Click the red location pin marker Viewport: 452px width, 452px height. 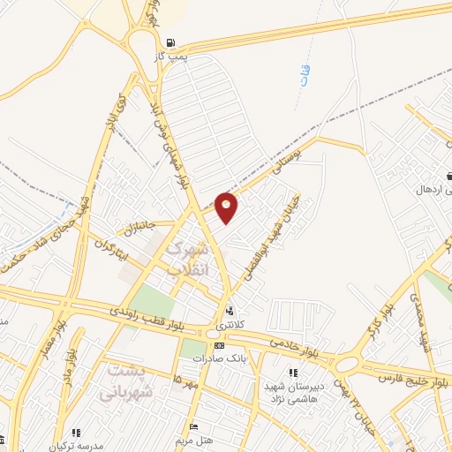(x=227, y=206)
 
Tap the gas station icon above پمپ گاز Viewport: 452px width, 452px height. (x=170, y=41)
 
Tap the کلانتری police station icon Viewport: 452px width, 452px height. (x=230, y=311)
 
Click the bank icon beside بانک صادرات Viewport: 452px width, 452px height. (x=218, y=344)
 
